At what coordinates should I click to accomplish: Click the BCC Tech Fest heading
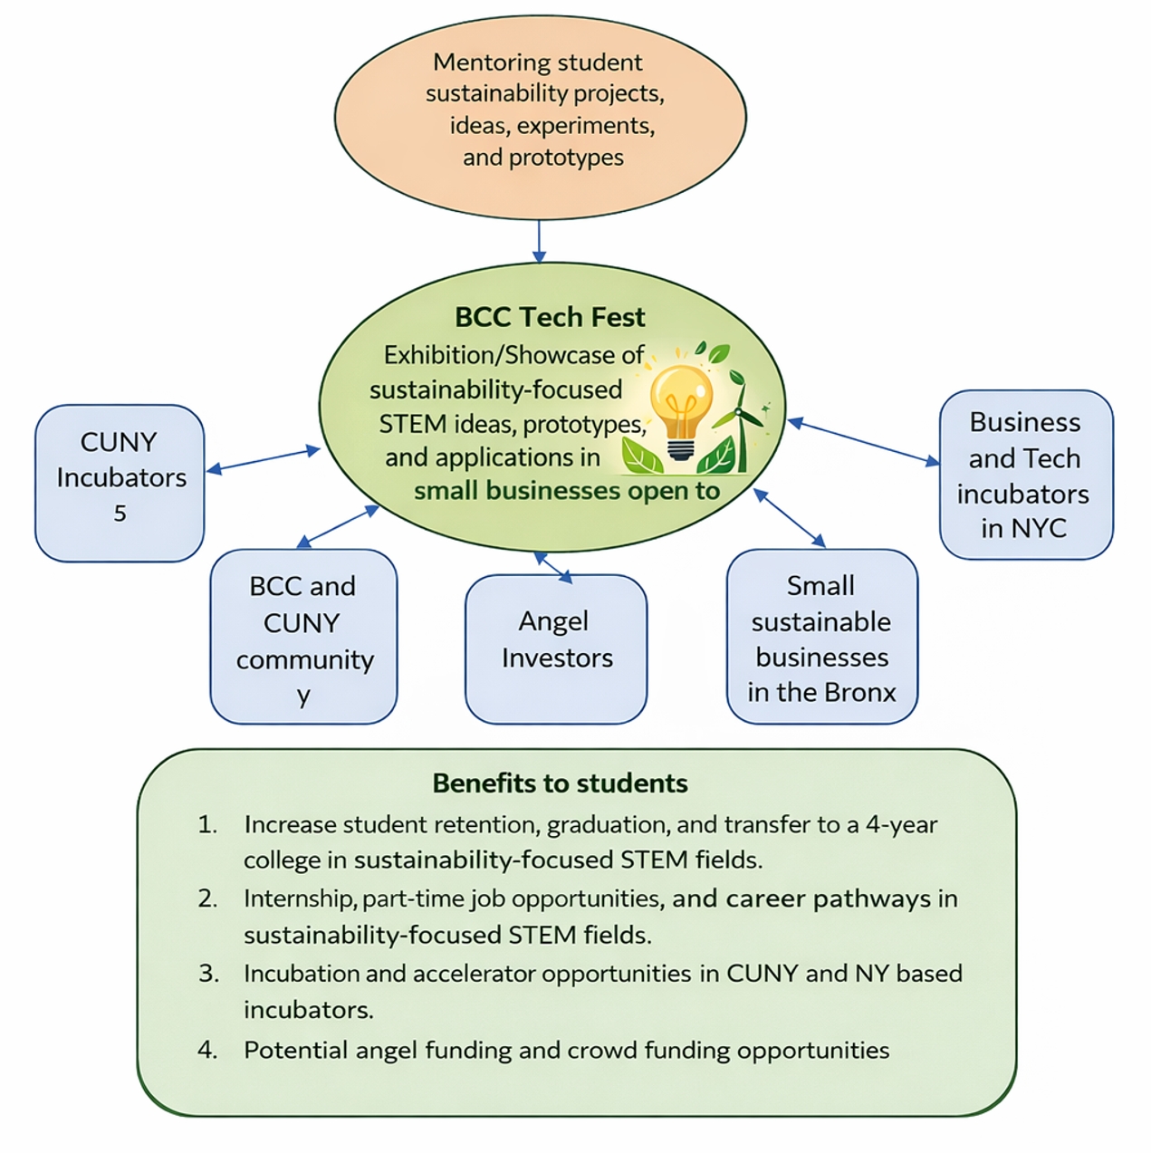click(550, 317)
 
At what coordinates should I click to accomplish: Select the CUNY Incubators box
click(120, 482)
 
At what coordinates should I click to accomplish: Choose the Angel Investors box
click(556, 648)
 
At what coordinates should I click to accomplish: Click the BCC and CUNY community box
click(303, 636)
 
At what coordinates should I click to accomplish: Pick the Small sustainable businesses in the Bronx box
click(821, 636)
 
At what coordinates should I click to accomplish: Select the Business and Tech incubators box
click(1025, 475)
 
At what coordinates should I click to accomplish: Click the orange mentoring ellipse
click(540, 116)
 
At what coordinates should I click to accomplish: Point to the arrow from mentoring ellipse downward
click(540, 241)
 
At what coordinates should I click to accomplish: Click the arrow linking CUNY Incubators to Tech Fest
click(263, 459)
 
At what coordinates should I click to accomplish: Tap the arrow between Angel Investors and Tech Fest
click(553, 567)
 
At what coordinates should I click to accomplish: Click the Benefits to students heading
click(560, 783)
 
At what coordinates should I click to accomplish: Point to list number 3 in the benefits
click(208, 974)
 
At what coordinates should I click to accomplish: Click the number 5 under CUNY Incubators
click(120, 514)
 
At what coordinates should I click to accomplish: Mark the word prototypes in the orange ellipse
click(566, 158)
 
